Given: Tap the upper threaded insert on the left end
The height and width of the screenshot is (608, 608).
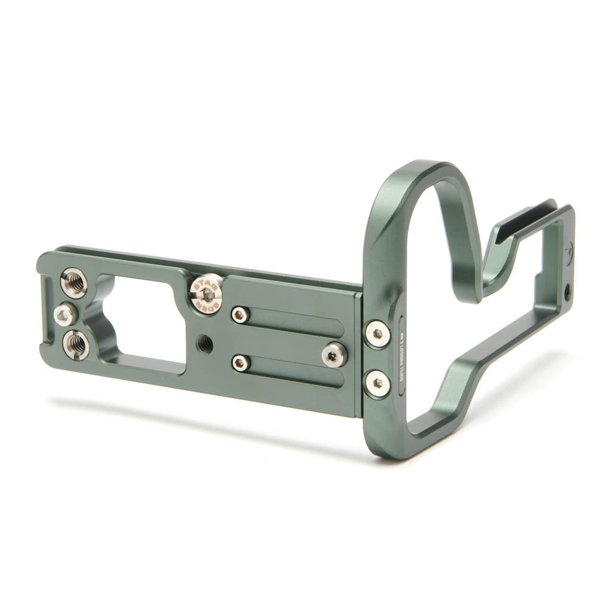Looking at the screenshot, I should pos(74,284).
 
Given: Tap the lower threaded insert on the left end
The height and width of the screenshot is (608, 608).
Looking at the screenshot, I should pos(75,345).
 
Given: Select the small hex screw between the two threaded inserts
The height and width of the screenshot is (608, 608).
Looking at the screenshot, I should pos(64,314).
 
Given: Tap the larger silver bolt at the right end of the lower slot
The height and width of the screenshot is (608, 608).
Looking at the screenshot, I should pos(336,354).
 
